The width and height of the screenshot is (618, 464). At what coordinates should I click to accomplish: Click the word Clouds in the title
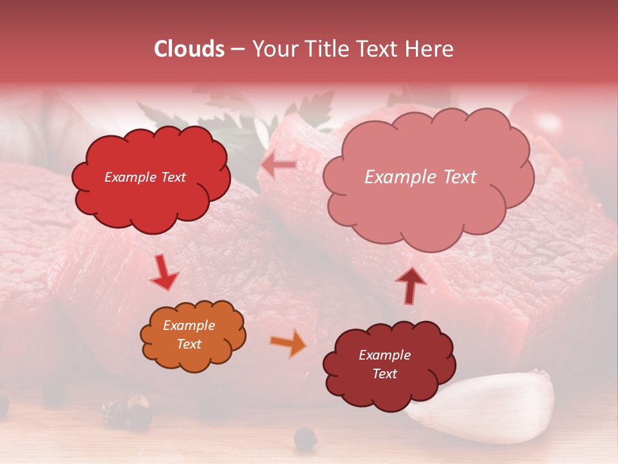coord(189,49)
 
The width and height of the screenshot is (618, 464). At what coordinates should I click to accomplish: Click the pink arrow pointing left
coord(279,165)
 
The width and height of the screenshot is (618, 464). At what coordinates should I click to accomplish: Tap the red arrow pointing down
coord(164,272)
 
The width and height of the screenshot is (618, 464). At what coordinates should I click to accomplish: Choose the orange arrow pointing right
coord(288,343)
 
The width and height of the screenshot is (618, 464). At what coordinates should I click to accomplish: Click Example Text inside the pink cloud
coord(420,177)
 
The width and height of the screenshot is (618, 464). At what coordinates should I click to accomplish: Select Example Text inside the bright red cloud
coord(145,177)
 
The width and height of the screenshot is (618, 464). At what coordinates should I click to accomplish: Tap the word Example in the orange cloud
coord(189,325)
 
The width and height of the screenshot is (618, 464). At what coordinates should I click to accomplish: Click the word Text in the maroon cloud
coord(384,374)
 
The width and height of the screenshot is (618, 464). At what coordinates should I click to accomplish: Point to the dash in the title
coord(237,49)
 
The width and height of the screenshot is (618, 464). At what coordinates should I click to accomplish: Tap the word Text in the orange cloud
coord(189,344)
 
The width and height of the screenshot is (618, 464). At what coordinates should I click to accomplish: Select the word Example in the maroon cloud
coord(384,355)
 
